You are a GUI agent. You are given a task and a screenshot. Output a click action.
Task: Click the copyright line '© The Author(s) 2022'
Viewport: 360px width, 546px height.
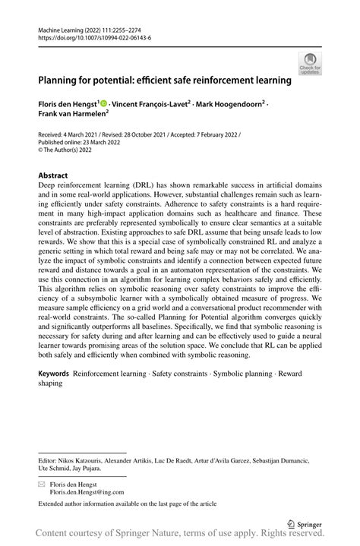click(x=68, y=150)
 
